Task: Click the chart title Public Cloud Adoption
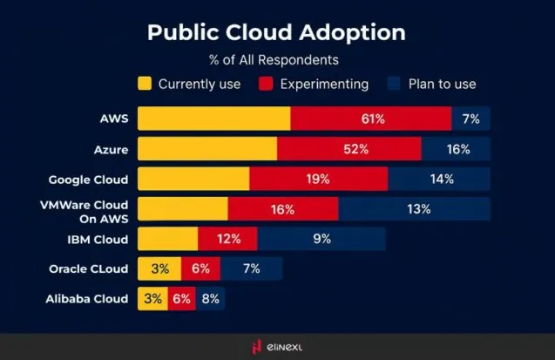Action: [276, 32]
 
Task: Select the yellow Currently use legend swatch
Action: [145, 84]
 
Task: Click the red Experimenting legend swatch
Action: [267, 84]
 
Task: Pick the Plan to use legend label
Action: [445, 84]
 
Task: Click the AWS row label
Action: [114, 119]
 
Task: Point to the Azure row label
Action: [112, 149]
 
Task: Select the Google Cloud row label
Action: [88, 180]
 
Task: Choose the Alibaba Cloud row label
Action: [87, 299]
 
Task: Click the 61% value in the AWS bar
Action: [371, 119]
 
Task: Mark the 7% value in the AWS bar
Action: [471, 119]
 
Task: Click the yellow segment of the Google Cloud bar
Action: [193, 180]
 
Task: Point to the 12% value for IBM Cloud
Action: [227, 239]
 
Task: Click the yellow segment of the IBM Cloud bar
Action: [167, 239]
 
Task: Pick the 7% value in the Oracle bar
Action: [251, 268]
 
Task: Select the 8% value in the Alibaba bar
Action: [210, 299]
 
